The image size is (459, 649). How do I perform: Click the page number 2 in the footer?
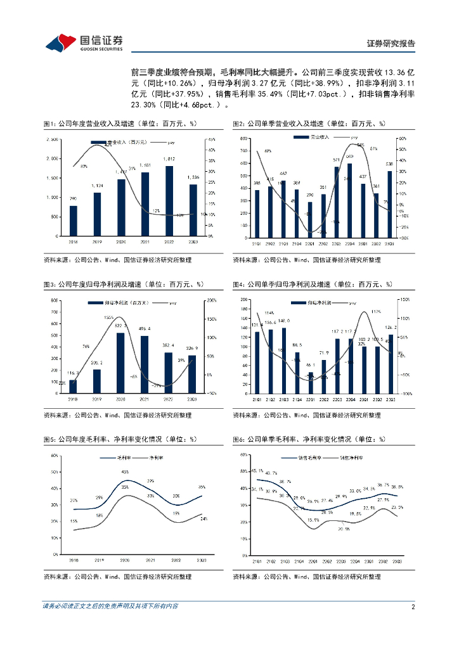coord(413,607)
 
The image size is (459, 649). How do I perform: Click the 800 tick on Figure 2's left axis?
coord(243,138)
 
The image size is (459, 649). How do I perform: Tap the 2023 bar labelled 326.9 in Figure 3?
coord(191,374)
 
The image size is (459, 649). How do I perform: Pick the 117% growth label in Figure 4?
coord(376,312)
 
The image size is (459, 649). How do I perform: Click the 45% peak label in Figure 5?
coord(126,472)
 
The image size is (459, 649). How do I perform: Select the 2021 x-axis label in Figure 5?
coord(150,560)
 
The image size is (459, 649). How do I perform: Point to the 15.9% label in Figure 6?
coord(313,520)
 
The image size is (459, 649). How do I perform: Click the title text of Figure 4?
coord(313,285)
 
